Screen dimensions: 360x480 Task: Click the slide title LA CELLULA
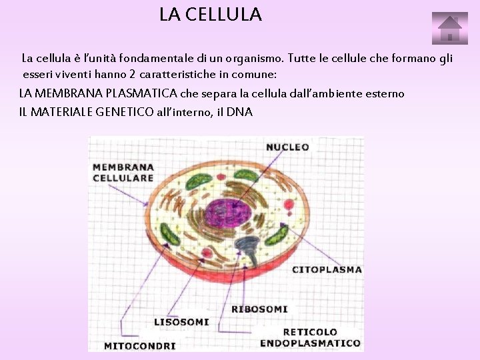(x=211, y=14)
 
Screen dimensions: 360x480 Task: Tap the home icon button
(x=449, y=29)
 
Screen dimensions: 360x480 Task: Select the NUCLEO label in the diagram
(x=287, y=147)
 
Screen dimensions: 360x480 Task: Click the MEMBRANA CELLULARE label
(x=123, y=173)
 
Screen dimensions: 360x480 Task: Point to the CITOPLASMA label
(x=327, y=270)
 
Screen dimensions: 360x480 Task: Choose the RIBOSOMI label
(x=259, y=309)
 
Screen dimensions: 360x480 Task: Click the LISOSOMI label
(x=181, y=322)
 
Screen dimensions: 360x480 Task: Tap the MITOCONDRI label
(x=140, y=346)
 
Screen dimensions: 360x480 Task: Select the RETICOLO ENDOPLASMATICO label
(x=310, y=337)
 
